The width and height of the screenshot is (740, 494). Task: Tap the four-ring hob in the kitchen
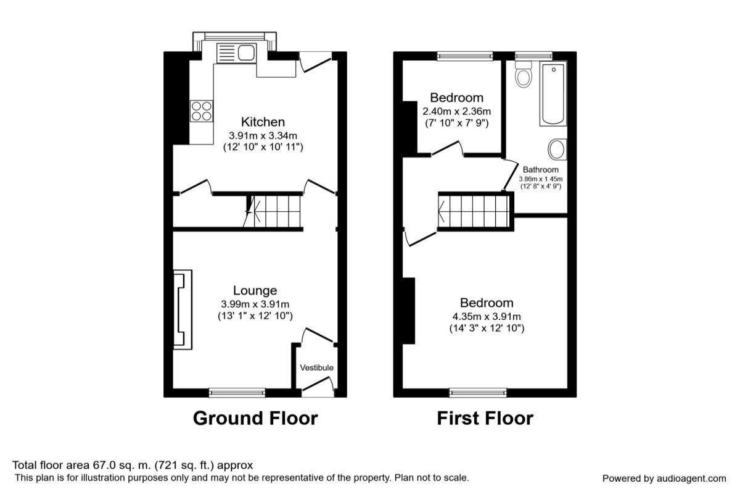(202, 111)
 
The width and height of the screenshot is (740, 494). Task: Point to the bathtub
(553, 94)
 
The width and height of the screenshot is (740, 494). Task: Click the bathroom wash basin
(557, 149)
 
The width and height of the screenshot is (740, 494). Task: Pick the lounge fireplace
(183, 310)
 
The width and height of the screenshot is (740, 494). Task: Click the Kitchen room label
(263, 122)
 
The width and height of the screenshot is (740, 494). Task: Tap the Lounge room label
(255, 290)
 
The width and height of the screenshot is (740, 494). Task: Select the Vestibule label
(316, 367)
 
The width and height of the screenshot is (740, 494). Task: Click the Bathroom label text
(540, 170)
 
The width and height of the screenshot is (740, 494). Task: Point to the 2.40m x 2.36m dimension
(456, 111)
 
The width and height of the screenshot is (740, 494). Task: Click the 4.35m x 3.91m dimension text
(487, 317)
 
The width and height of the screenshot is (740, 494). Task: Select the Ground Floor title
(255, 418)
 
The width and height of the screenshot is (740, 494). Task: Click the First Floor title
(485, 418)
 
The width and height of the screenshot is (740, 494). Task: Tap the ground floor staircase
(273, 211)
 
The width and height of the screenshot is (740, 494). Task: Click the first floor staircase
(474, 211)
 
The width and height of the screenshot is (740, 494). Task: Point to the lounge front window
(237, 393)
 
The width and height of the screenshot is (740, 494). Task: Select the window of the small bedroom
(465, 56)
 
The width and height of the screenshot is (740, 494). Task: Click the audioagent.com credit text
(664, 479)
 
